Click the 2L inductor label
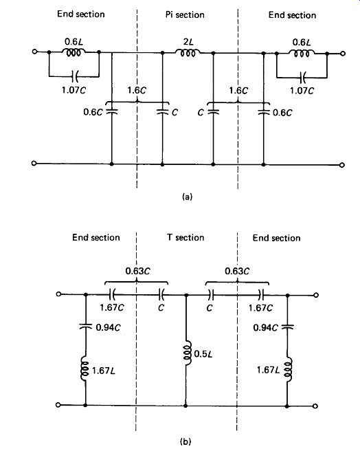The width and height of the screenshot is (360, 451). (188, 42)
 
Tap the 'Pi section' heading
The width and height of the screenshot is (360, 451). (185, 14)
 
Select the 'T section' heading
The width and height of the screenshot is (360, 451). (185, 238)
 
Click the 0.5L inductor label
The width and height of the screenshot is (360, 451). (203, 354)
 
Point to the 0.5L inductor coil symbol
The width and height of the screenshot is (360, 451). (187, 353)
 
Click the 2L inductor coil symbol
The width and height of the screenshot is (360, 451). (188, 53)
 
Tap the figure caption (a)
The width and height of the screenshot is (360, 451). (187, 197)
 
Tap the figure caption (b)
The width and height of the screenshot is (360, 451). (185, 441)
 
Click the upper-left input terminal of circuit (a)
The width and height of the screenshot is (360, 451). (34, 52)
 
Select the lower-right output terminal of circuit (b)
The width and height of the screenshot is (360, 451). (315, 406)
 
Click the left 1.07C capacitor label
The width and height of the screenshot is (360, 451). (74, 90)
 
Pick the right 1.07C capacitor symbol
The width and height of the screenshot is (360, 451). (302, 77)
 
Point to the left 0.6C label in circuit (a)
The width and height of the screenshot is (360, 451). (93, 112)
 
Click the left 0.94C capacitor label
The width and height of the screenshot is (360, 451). (108, 327)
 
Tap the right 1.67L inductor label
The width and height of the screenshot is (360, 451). (268, 370)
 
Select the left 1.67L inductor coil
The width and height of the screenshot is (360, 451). (85, 368)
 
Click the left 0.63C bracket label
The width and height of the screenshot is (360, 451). (137, 271)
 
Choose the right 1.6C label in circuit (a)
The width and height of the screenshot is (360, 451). (238, 91)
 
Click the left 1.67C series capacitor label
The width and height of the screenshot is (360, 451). (112, 307)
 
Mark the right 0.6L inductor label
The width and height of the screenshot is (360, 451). (302, 43)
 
